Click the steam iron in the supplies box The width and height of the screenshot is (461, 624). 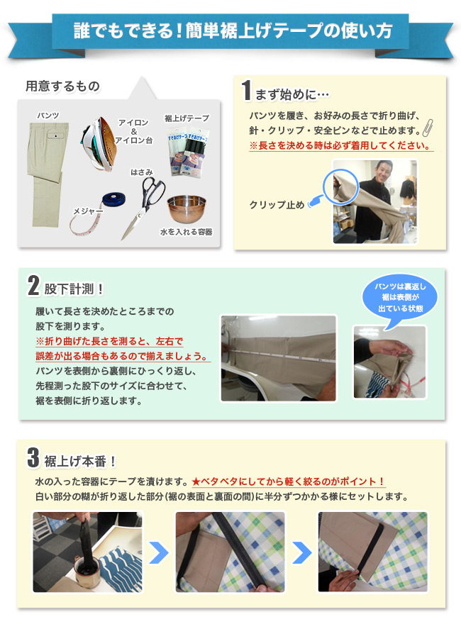click(x=99, y=143)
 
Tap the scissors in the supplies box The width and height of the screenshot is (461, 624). click(x=143, y=207)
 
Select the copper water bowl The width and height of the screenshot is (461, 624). click(x=187, y=209)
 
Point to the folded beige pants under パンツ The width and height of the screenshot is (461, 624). click(x=48, y=174)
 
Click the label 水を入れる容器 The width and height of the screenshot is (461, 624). click(x=186, y=232)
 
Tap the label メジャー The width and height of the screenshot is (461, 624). click(x=88, y=211)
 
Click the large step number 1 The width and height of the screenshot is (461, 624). click(x=247, y=90)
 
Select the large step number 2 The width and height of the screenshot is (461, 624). click(x=33, y=286)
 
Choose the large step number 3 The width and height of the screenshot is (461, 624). click(x=33, y=457)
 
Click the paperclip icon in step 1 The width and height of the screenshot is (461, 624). click(x=428, y=128)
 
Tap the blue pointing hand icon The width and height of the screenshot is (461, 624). click(x=316, y=201)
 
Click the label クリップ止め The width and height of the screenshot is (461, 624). click(x=277, y=205)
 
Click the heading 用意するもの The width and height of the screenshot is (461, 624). click(x=63, y=86)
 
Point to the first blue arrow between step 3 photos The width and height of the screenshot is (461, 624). click(x=159, y=552)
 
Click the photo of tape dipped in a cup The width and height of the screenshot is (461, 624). click(x=87, y=552)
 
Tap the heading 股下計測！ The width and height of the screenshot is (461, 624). click(x=74, y=289)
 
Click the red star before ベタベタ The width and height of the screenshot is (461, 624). click(x=196, y=481)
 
